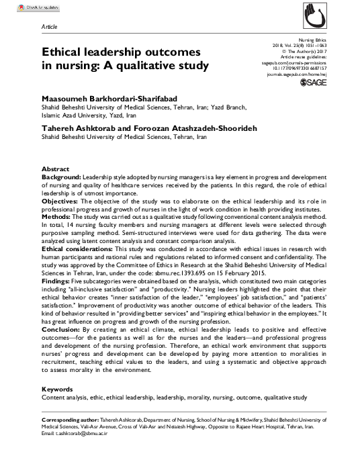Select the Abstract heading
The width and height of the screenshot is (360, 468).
[56, 169]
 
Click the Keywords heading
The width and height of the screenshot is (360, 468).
[57, 389]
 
